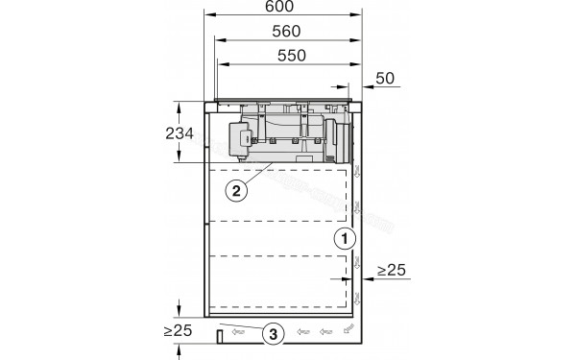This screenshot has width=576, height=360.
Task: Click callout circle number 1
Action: [343, 237]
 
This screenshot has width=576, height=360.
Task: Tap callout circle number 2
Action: [236, 189]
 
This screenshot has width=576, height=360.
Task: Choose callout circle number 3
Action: [275, 334]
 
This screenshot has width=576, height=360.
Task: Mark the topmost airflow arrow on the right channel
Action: [357, 173]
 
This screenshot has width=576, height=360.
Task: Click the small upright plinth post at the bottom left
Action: [220, 335]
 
